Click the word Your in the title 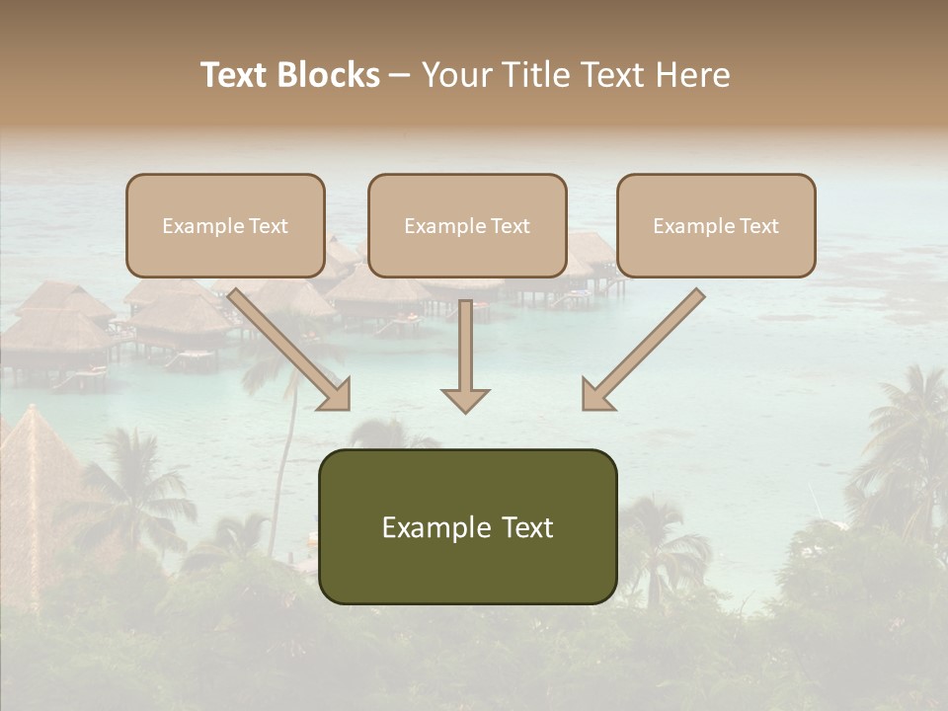[x=457, y=75]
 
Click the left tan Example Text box [x=225, y=225]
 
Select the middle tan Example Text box [x=467, y=225]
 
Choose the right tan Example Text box [x=716, y=225]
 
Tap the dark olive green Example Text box [x=467, y=527]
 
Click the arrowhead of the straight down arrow [x=465, y=400]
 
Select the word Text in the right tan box [x=759, y=226]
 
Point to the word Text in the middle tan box [x=511, y=226]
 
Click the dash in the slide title [x=400, y=75]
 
